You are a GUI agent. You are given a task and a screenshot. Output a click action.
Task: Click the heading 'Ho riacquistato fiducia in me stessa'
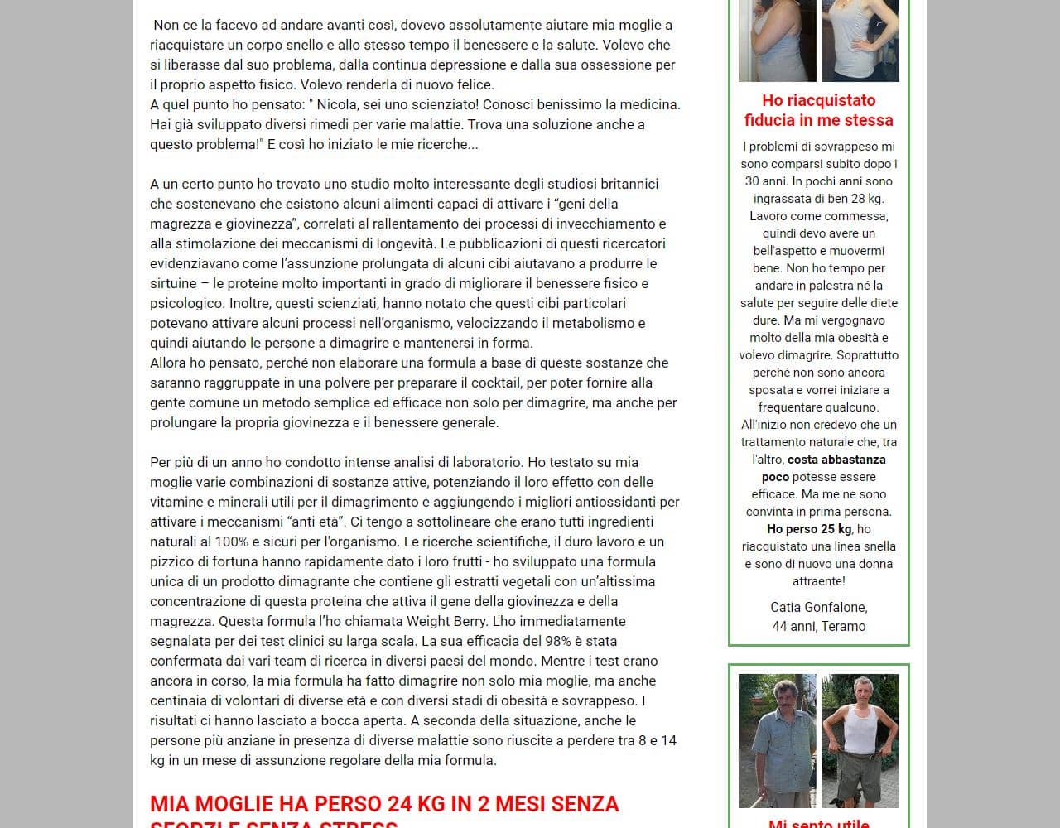point(818,110)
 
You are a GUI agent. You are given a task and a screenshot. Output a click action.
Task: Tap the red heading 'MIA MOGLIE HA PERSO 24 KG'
point(384,804)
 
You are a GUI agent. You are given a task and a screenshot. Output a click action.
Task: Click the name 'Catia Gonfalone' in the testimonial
point(818,608)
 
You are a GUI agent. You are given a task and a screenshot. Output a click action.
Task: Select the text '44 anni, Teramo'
point(818,626)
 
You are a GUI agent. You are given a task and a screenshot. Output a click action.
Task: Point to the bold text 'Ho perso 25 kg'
point(809,529)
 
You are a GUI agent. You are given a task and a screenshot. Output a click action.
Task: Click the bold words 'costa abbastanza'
point(836,460)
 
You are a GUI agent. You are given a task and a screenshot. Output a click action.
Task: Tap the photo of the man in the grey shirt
point(777,740)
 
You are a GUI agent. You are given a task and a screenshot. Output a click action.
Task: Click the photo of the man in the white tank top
point(860,740)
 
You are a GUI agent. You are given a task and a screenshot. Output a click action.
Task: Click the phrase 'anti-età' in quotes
point(317,522)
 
